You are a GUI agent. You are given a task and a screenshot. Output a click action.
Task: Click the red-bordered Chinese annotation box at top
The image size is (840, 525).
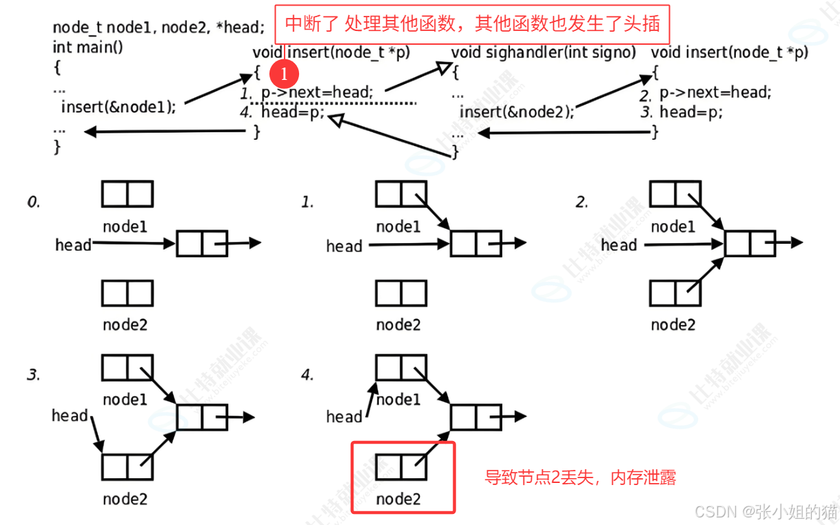(x=472, y=25)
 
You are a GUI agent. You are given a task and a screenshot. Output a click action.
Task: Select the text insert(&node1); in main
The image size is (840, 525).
(x=119, y=107)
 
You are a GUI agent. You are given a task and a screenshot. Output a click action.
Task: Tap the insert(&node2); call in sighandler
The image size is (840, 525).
(x=516, y=112)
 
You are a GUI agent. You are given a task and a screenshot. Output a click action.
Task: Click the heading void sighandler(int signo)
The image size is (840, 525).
(x=543, y=52)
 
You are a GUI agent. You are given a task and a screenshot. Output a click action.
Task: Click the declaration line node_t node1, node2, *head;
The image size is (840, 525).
(x=158, y=28)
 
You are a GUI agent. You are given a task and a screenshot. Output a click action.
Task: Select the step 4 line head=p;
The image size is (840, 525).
(x=292, y=112)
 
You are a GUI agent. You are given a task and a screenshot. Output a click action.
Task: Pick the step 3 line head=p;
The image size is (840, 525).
(x=691, y=112)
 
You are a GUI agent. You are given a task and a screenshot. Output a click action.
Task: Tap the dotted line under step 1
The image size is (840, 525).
(x=334, y=103)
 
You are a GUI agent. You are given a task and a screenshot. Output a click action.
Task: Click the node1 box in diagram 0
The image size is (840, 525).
(x=127, y=194)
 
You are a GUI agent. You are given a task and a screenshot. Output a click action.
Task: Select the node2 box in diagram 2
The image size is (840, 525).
(x=675, y=294)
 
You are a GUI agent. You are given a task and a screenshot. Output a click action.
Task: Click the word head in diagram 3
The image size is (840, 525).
(x=70, y=415)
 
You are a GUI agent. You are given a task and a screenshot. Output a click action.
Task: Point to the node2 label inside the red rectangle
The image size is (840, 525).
(x=398, y=498)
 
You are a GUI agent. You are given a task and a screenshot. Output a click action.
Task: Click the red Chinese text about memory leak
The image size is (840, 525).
(x=580, y=477)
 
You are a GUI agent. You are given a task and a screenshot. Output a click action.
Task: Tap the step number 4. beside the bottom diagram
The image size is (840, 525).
(x=307, y=375)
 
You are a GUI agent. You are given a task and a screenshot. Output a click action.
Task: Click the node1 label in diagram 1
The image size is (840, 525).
(x=398, y=227)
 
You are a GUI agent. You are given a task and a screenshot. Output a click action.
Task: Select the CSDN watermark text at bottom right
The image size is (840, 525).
(x=765, y=512)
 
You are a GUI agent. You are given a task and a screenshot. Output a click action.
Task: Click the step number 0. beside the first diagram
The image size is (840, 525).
(x=34, y=202)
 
